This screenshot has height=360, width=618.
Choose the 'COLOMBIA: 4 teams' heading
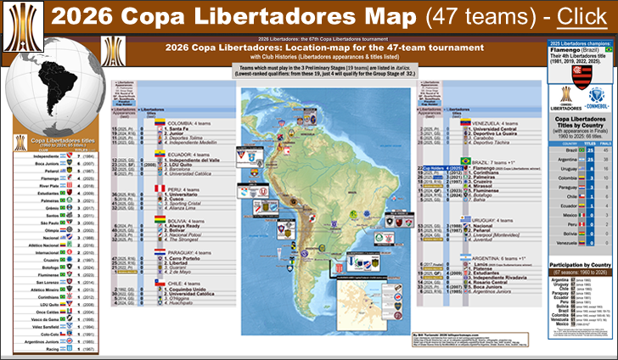click(x=190, y=123)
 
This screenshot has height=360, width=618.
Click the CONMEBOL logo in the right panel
click(x=598, y=110)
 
